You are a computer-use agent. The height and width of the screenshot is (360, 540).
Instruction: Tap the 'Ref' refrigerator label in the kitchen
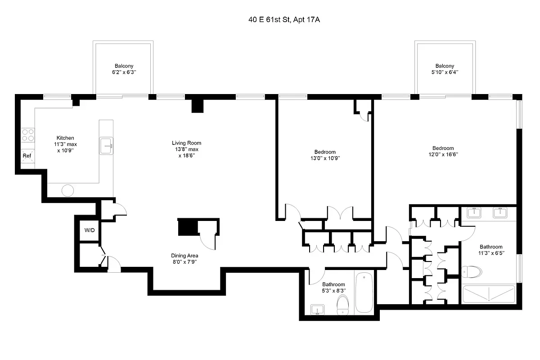(27, 156)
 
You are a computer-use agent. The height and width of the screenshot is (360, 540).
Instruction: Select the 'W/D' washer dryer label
(90, 230)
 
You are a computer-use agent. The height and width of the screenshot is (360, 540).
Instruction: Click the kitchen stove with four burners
(27, 135)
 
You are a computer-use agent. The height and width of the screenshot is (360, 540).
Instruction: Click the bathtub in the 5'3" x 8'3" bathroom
(364, 293)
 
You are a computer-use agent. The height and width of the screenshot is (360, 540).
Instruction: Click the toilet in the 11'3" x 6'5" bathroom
(471, 271)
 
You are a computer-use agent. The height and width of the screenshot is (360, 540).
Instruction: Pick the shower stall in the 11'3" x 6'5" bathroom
(489, 295)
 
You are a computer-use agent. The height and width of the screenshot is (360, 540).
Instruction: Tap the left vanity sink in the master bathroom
(473, 212)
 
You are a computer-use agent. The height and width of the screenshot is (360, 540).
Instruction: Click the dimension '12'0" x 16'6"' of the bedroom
(443, 154)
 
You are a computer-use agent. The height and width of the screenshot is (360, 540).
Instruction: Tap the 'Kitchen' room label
(65, 138)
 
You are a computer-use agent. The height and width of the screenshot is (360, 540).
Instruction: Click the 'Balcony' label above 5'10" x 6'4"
(445, 66)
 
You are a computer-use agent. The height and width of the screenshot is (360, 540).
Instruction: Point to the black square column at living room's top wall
(198, 105)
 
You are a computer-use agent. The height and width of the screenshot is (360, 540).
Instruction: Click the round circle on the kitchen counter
(67, 190)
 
